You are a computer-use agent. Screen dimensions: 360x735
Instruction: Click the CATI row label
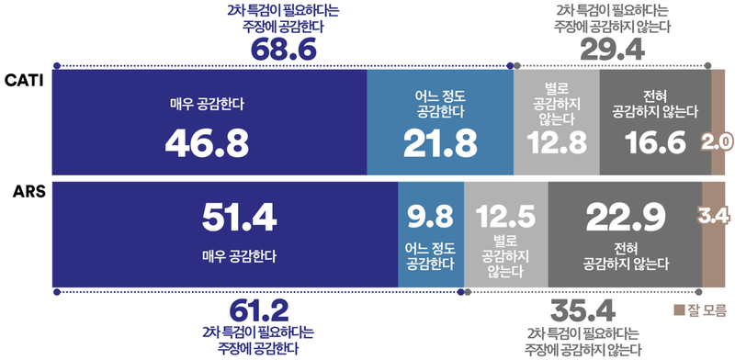23,81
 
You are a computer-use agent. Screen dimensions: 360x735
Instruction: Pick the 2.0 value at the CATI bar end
717,142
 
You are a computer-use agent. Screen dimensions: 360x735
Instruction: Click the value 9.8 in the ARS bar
430,217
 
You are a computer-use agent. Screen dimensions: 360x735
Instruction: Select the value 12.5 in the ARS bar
505,217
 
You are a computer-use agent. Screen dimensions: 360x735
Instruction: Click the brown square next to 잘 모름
679,309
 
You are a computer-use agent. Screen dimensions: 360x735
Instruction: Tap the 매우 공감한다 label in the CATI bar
209,104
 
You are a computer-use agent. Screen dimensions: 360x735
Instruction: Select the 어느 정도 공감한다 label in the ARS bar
430,254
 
